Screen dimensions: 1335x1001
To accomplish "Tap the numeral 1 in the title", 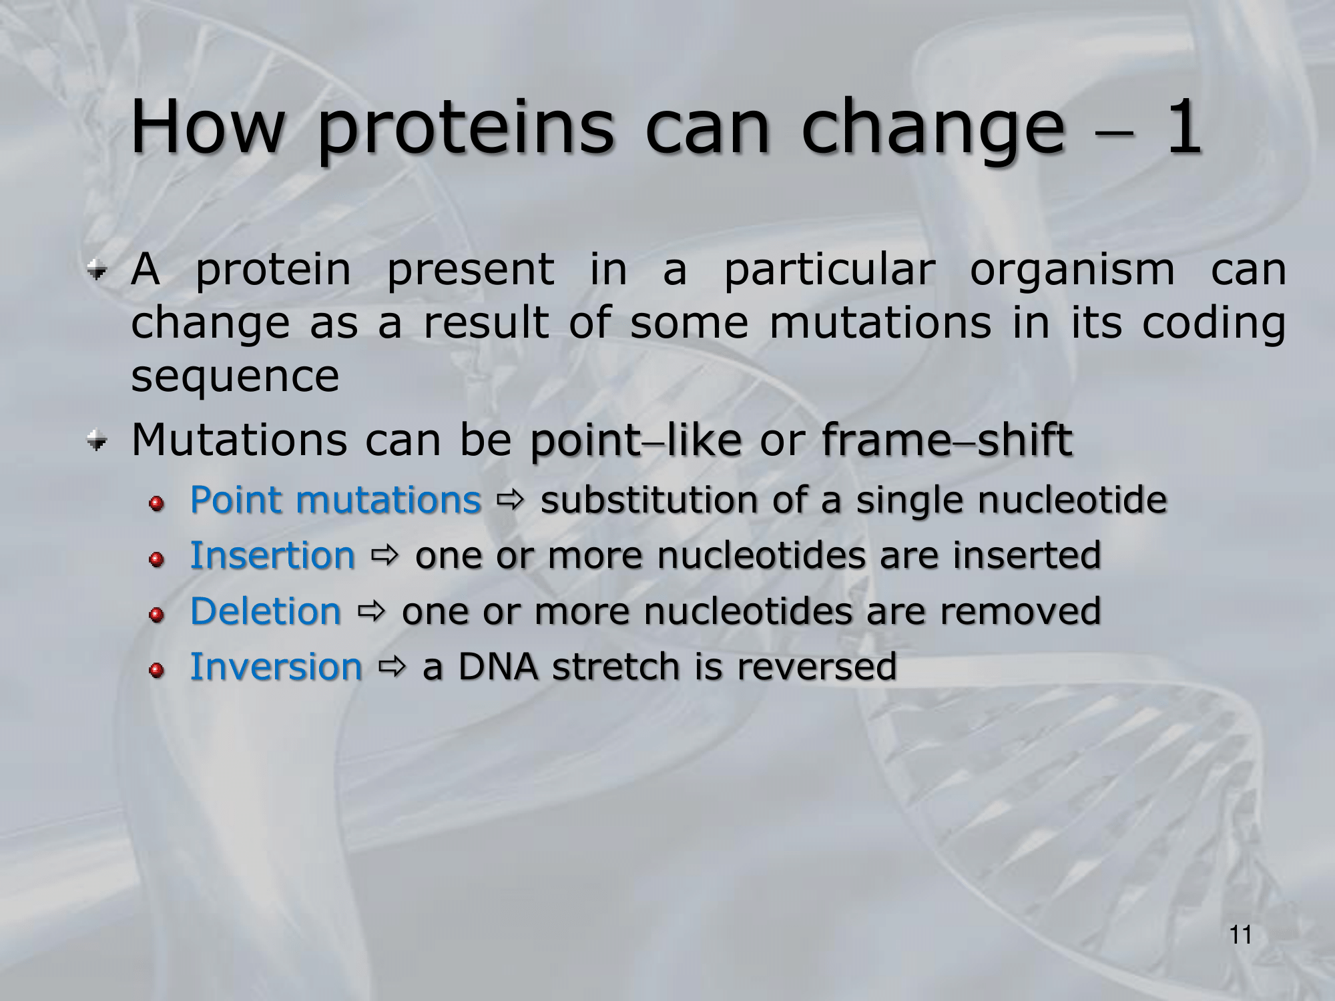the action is [1183, 125].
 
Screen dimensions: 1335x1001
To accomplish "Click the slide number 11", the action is [1241, 936].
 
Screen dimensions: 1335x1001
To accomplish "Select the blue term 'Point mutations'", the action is [336, 500].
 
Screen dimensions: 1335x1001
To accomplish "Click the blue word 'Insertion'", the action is [272, 555].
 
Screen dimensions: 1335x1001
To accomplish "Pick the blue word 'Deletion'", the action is [266, 611].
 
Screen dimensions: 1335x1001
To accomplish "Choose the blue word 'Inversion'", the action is [276, 667].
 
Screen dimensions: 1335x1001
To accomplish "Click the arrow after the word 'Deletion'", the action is [372, 610].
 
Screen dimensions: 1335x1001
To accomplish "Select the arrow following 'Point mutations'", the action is [511, 498].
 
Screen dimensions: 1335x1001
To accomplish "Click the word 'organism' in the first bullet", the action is [1072, 270].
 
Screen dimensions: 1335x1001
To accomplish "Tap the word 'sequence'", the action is [235, 376].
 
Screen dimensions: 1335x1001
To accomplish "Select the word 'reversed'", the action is [817, 667].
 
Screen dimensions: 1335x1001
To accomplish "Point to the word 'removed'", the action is [1021, 611].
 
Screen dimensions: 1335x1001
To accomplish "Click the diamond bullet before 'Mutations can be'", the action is [97, 441].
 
